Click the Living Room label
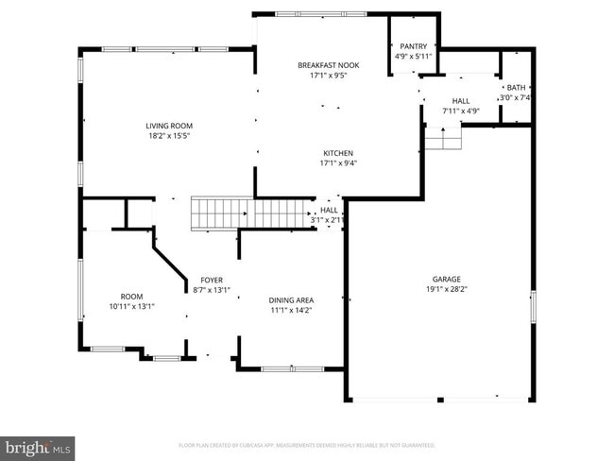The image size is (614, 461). click(169, 126)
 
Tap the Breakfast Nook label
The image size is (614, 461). click(328, 65)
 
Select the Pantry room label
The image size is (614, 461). click(413, 46)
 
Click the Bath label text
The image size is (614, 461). click(516, 87)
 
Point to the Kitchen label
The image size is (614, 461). click(337, 153)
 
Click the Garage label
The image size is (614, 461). click(446, 280)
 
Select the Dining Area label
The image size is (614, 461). click(292, 299)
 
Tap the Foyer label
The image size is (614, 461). click(211, 281)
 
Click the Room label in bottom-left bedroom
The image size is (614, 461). click(131, 296)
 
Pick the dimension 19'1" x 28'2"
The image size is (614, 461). click(446, 289)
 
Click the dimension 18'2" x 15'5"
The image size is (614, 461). click(169, 136)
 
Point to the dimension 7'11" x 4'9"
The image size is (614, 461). click(461, 111)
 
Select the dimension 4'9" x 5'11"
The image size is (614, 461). click(413, 56)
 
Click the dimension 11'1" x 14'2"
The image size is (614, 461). click(292, 309)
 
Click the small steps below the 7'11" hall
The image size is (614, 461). click(442, 138)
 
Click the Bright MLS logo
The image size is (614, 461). click(38, 444)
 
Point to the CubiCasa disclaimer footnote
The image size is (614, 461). click(306, 444)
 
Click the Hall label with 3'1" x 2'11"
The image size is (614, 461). click(329, 210)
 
